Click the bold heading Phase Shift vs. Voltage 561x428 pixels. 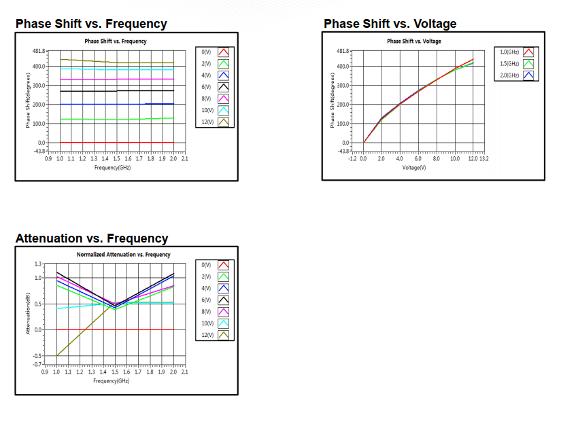pos(390,24)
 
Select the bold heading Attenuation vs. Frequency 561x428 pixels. pos(92,238)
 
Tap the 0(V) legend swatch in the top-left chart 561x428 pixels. pos(224,52)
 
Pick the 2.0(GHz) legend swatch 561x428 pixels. pos(528,75)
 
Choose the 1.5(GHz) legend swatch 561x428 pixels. pos(528,63)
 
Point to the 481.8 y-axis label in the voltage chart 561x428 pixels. pos(343,51)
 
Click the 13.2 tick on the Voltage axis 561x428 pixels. pos(484,158)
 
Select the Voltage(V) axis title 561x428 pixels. pos(414,166)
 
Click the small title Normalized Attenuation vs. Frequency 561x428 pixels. pos(123,254)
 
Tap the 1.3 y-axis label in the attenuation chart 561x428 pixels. pos(38,264)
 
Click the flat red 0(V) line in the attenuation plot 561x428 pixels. pos(136,329)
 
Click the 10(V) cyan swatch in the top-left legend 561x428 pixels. pos(224,110)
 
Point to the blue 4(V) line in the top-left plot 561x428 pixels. pos(102,104)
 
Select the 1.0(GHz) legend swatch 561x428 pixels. pos(528,52)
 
